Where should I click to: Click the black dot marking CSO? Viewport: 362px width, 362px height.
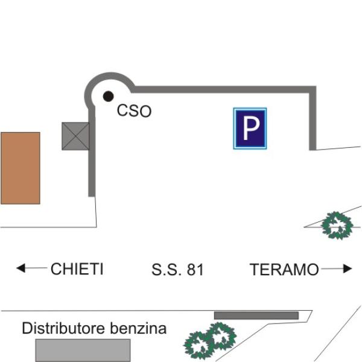point(108,97)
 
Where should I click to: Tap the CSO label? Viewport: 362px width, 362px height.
point(134,111)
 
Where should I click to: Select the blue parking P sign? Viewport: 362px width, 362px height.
point(250,129)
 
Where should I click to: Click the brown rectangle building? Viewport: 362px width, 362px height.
point(21,168)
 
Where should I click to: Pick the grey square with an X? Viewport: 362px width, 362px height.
point(75,136)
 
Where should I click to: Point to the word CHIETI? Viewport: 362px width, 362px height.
point(77,268)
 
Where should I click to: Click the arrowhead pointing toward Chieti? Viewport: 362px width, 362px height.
point(21,268)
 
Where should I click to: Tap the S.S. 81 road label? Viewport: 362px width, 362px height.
point(177,270)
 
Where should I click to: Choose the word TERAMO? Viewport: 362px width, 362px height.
point(284,270)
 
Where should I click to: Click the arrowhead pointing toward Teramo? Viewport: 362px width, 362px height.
point(348,268)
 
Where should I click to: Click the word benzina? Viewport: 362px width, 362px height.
point(138,328)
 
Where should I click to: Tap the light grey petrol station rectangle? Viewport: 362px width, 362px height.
point(83,350)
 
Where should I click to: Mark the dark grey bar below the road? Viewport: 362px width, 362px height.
point(256,316)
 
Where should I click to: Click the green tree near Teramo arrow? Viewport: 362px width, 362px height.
point(337,226)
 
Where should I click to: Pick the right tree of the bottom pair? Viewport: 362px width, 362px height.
point(221,336)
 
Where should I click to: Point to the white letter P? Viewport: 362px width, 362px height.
point(251,128)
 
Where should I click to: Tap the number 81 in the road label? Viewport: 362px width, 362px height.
point(195,270)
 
